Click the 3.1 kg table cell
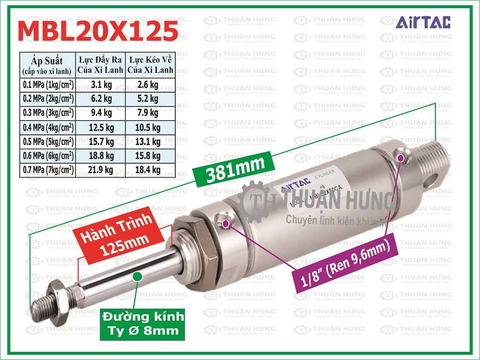(x=101, y=85)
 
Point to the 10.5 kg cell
(x=149, y=127)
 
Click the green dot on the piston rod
(x=137, y=276)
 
